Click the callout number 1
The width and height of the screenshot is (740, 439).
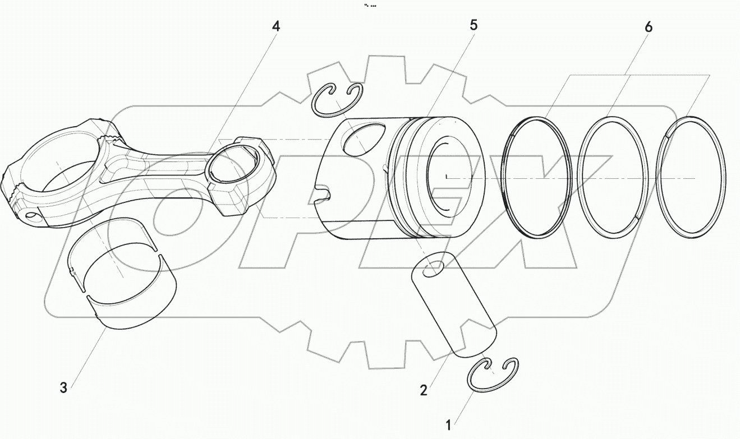[448, 425]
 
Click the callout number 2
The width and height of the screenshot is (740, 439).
[424, 390]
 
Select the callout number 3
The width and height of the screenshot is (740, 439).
[63, 387]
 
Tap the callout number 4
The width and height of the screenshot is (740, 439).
[276, 26]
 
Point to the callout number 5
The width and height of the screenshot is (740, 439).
[474, 25]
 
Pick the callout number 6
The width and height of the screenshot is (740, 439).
[649, 26]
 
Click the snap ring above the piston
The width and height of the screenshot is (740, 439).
[336, 101]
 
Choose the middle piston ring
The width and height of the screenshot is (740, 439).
[613, 176]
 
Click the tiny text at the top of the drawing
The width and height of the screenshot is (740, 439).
[370, 5]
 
